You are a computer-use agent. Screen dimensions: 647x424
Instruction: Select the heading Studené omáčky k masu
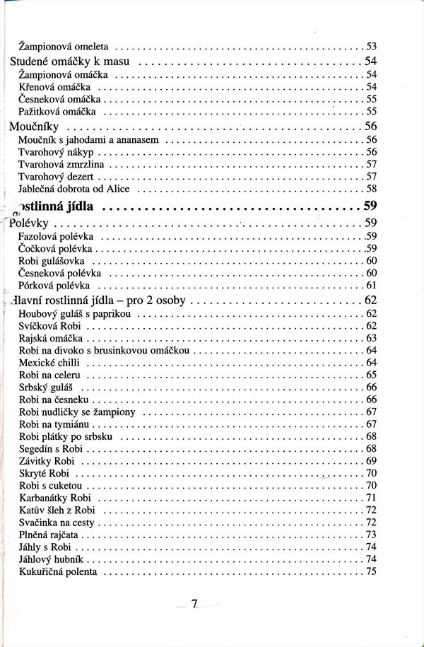coord(69,61)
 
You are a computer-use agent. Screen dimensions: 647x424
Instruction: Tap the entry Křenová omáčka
coord(59,86)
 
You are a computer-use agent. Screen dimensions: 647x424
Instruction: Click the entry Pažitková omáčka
coord(62,112)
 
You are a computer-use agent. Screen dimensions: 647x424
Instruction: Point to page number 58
coord(371,189)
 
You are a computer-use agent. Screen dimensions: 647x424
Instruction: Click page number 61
coord(371,285)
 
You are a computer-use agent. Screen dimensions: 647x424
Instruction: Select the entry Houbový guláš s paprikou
coord(74,313)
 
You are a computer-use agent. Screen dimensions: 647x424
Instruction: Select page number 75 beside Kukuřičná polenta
coord(371,571)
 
